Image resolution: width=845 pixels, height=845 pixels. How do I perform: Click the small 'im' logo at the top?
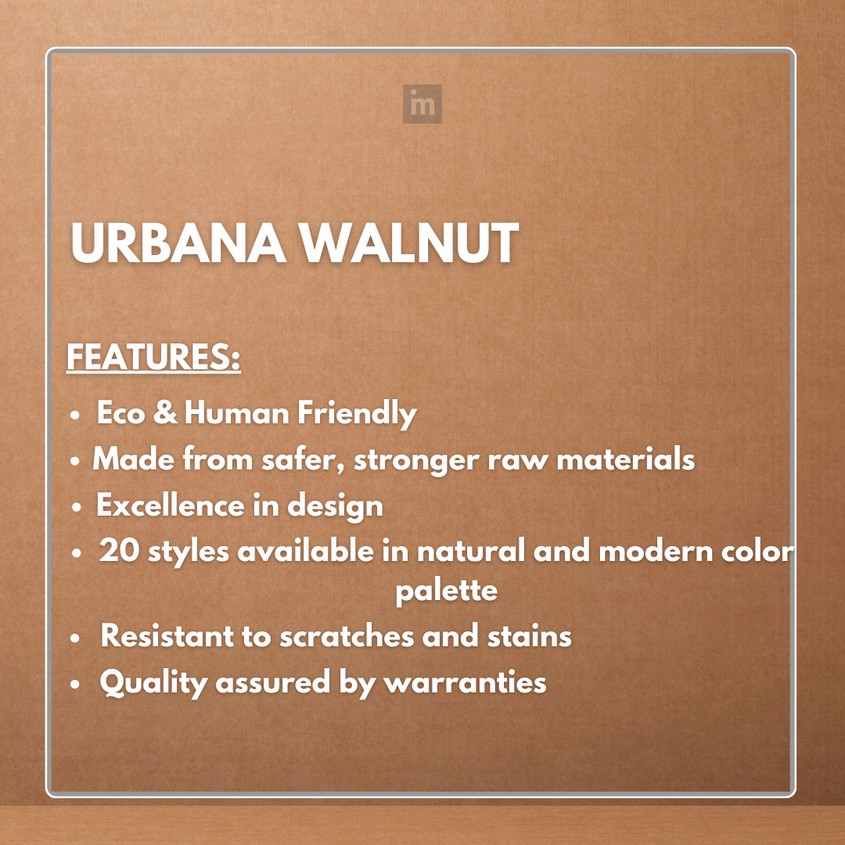(x=422, y=104)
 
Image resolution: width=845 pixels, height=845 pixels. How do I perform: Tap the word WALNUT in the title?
(x=411, y=243)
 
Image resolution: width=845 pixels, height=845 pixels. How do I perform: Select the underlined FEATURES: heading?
(x=153, y=358)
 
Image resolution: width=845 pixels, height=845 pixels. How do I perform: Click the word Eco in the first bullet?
(x=121, y=413)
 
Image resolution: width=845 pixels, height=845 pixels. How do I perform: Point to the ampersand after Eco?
(x=165, y=413)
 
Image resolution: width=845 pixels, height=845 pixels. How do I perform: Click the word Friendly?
(x=356, y=413)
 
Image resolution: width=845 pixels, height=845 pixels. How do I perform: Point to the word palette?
(x=446, y=590)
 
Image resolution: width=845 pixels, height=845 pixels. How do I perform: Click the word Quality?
(x=153, y=683)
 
